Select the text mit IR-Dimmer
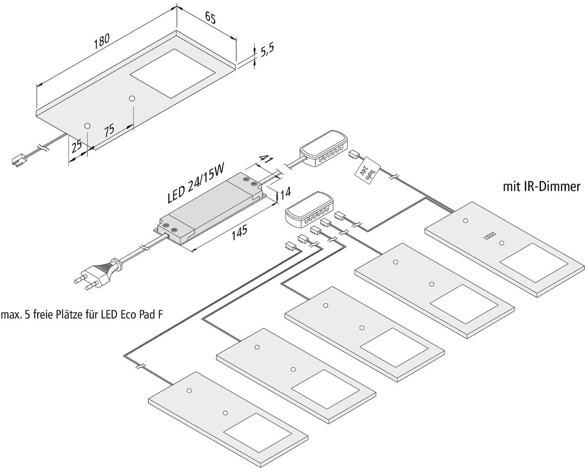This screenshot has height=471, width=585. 541,187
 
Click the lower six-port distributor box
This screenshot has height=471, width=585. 307,209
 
